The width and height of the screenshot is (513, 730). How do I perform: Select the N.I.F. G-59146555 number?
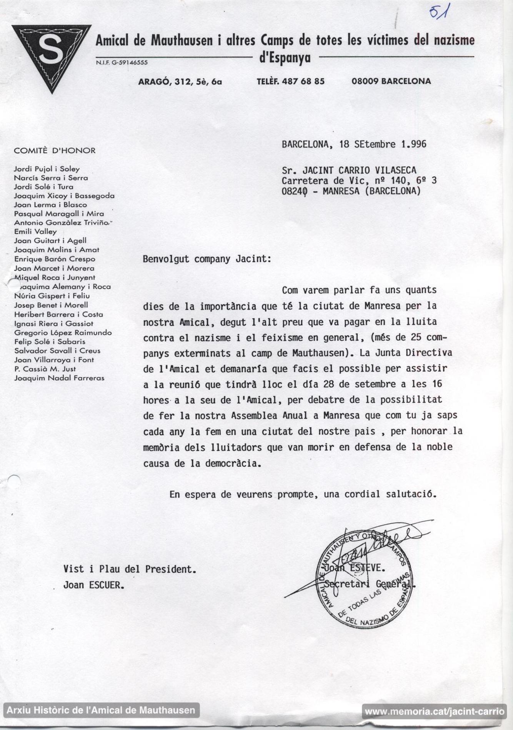click(122, 62)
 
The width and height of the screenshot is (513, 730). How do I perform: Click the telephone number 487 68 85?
click(303, 81)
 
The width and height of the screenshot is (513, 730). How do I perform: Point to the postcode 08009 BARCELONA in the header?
click(391, 81)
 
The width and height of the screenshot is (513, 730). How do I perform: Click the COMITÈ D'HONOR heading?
click(55, 151)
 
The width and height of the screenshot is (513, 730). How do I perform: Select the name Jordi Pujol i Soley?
click(47, 169)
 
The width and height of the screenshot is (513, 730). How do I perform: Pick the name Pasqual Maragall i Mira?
click(59, 214)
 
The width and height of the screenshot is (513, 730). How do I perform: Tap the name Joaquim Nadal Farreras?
click(59, 378)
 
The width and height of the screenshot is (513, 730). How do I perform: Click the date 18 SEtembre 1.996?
click(383, 144)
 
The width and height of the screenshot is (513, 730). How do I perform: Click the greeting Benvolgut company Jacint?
click(207, 259)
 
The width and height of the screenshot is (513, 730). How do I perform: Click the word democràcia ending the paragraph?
click(233, 463)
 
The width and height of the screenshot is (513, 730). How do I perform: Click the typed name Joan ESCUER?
click(93, 585)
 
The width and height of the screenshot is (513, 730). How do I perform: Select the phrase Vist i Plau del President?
click(130, 569)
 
